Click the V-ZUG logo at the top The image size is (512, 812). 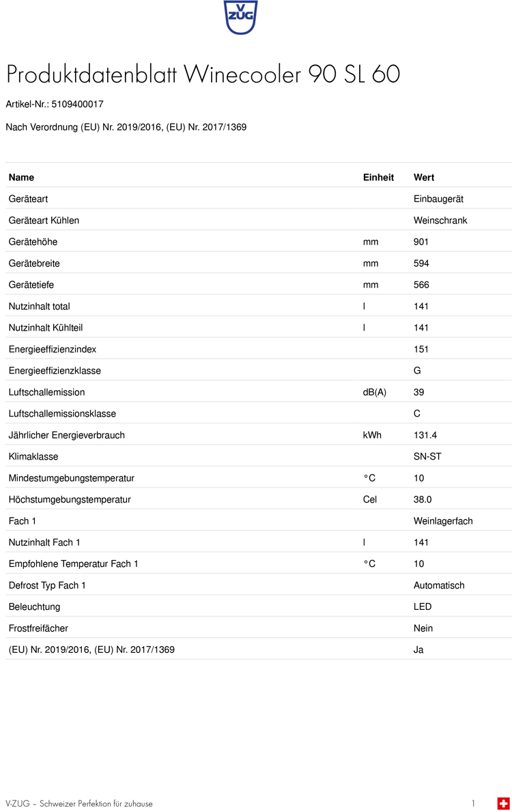pyautogui.click(x=241, y=17)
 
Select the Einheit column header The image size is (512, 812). pyautogui.click(x=378, y=178)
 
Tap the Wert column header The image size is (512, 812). pyautogui.click(x=424, y=178)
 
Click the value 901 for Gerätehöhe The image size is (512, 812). pyautogui.click(x=421, y=242)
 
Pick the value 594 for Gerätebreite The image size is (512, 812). pyautogui.click(x=421, y=264)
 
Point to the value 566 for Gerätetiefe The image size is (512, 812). pyautogui.click(x=421, y=285)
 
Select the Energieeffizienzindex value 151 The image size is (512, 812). pyautogui.click(x=421, y=350)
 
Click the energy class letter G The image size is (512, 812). pyautogui.click(x=417, y=371)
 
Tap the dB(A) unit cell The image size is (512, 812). pyautogui.click(x=374, y=393)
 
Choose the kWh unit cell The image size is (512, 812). pyautogui.click(x=372, y=435)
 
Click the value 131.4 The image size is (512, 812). pyautogui.click(x=425, y=435)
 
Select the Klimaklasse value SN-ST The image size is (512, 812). pyautogui.click(x=427, y=457)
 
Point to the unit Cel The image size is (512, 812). pyautogui.click(x=370, y=500)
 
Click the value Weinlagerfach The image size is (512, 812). pyautogui.click(x=443, y=521)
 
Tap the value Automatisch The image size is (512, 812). pyautogui.click(x=439, y=586)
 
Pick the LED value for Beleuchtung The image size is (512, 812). pyautogui.click(x=423, y=607)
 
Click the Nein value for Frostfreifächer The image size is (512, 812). pyautogui.click(x=423, y=628)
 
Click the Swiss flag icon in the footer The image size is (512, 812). pyautogui.click(x=503, y=803)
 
